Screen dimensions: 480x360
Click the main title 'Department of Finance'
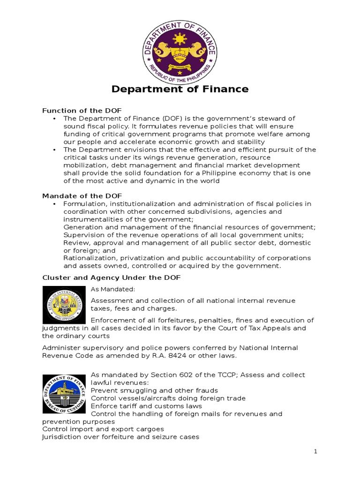180,89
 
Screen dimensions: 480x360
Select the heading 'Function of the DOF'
82,111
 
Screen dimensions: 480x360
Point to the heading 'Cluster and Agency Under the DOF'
112,278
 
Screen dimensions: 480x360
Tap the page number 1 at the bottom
316,451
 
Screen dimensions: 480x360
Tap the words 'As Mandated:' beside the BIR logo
112,289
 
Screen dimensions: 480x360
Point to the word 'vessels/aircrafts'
143,398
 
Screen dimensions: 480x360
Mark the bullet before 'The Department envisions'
55,150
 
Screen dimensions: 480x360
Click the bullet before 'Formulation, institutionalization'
55,204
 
